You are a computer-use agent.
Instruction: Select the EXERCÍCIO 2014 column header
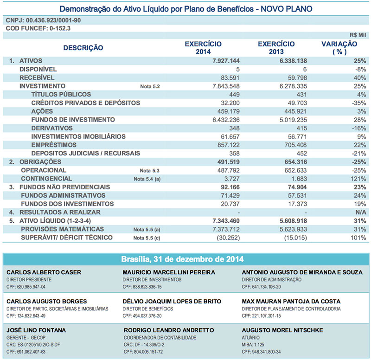pos(203,47)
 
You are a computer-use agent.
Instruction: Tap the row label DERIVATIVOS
pos(52,128)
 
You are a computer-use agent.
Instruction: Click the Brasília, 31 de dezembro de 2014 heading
pos(185,258)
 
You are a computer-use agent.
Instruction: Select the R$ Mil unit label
pos(358,35)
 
